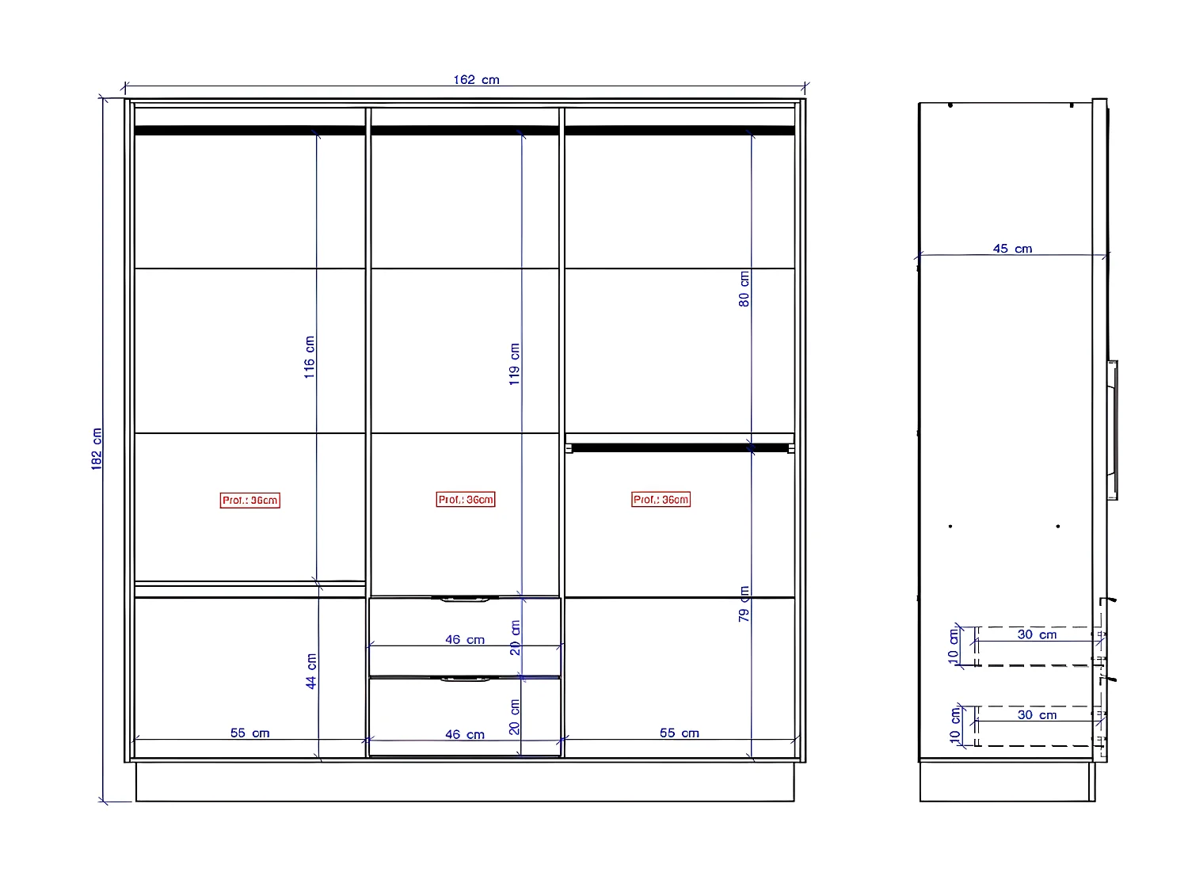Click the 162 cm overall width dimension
476,80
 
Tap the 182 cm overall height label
97,449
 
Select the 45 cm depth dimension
1012,249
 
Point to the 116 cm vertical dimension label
309,357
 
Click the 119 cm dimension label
514,364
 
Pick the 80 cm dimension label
744,289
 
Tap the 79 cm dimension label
744,604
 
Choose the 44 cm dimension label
311,671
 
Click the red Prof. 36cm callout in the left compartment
249,501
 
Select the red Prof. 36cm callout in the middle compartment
466,500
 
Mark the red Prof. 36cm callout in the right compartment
661,500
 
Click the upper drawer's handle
465,600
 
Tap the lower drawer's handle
465,680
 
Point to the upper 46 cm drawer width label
464,640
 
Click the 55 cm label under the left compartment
249,733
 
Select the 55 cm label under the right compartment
680,733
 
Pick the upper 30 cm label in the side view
1037,634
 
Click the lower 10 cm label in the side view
955,724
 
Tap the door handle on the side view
1113,429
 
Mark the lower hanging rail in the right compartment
680,448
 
